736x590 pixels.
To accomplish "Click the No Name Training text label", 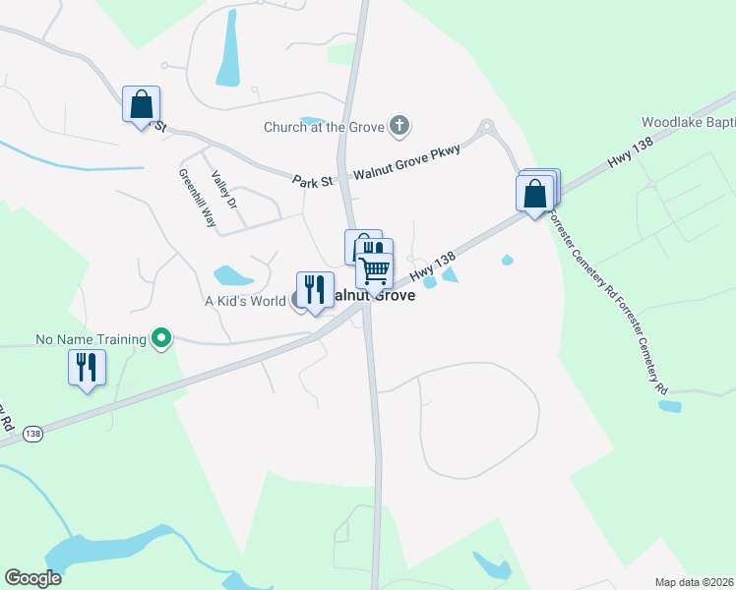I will point(91,339).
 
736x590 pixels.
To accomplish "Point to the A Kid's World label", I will point(244,301).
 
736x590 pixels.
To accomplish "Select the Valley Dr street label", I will point(224,190).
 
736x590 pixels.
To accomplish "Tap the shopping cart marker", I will point(375,268).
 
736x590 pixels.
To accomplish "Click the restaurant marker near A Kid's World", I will point(315,290).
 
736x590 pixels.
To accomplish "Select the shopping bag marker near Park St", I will point(141,103).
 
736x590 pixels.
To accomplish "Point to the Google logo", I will point(33,578).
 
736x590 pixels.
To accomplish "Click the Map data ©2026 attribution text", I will point(694,582).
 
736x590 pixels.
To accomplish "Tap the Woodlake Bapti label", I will point(688,123).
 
